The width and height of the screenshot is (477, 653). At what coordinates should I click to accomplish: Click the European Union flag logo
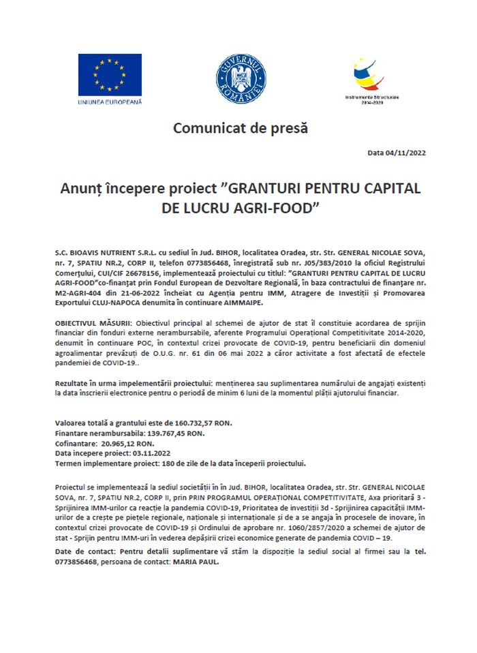point(109,74)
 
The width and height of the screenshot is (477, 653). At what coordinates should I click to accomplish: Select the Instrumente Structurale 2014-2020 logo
point(373,76)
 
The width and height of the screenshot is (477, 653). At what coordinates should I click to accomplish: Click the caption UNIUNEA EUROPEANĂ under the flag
point(109,101)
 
